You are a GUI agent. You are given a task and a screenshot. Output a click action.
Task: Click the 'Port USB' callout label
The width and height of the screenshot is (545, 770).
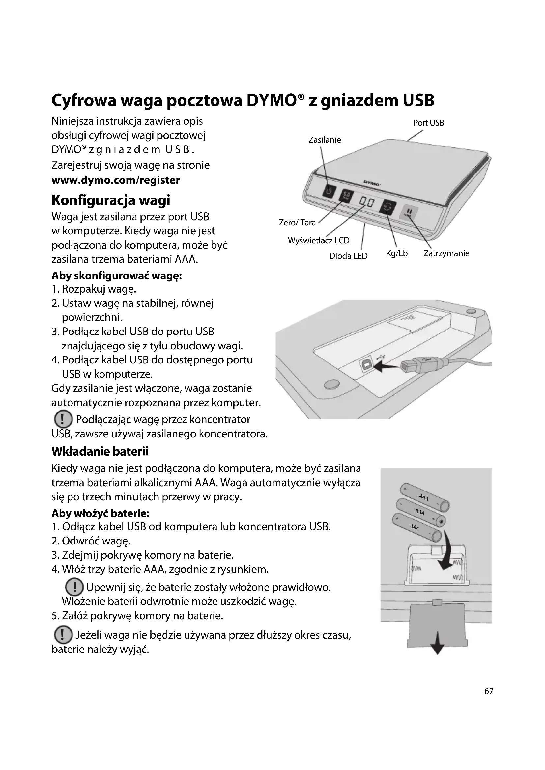[428, 123]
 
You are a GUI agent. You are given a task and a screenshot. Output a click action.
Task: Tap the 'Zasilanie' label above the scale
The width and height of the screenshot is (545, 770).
[325, 140]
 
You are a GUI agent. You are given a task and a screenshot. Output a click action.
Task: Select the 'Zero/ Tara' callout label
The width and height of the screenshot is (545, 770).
[297, 222]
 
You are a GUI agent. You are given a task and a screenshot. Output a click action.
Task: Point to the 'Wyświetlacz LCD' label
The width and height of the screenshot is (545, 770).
[319, 240]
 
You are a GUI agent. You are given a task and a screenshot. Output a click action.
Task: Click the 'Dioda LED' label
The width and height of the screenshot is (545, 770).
[348, 256]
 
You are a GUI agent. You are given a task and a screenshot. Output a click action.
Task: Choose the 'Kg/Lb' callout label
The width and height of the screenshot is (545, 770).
[397, 253]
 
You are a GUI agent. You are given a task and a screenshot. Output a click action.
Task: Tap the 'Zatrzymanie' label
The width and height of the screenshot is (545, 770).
[446, 253]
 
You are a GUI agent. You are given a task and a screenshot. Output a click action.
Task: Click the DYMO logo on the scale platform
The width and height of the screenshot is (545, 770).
[371, 183]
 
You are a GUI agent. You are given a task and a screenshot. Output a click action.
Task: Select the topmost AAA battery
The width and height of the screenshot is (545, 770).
[425, 498]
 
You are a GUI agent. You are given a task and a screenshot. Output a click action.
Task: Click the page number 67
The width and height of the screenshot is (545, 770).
[489, 691]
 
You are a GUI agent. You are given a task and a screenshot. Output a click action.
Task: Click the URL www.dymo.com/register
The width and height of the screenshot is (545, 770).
[116, 180]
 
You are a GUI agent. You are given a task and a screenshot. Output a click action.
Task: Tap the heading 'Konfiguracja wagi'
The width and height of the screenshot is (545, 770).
[111, 200]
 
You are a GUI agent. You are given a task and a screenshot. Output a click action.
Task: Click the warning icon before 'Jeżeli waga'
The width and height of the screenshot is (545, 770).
[63, 635]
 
